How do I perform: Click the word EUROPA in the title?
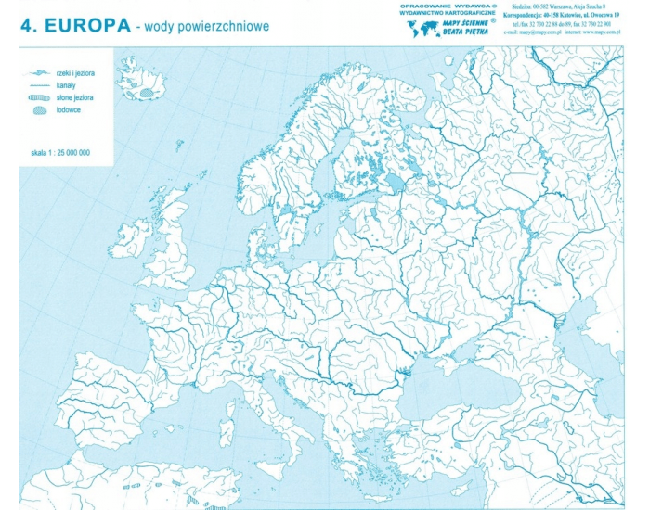[x=84, y=26]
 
